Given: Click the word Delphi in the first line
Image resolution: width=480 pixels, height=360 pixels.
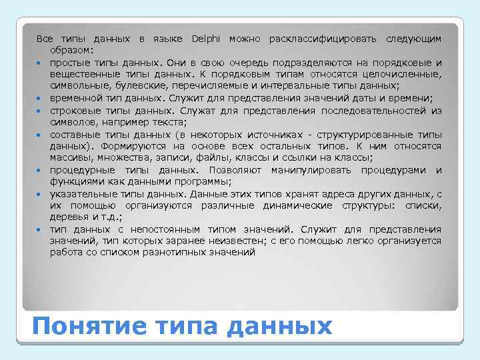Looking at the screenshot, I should point(209,39).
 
